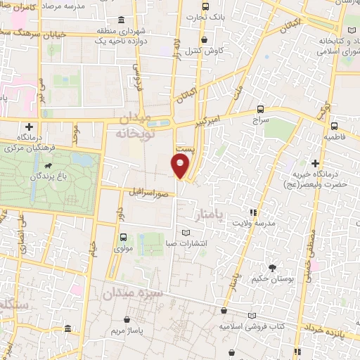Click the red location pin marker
pyautogui.click(x=180, y=165)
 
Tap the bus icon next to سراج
pyautogui.click(x=261, y=109)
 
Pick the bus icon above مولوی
pyautogui.click(x=123, y=236)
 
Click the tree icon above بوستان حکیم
pyautogui.click(x=272, y=267)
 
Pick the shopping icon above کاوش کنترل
pyautogui.click(x=205, y=39)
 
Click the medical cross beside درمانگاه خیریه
pyautogui.click(x=316, y=163)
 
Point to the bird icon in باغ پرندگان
pyautogui.click(x=47, y=167)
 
